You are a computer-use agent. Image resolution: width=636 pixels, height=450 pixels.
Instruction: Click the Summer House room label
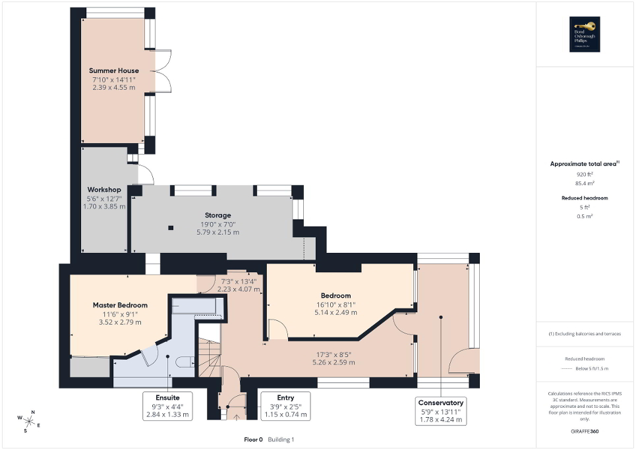click(x=113, y=70)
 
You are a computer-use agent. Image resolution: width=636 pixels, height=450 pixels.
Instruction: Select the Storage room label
click(x=217, y=215)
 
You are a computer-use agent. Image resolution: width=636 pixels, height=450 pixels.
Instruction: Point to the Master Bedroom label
click(x=119, y=305)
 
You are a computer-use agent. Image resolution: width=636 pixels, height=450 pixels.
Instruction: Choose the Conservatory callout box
click(x=440, y=410)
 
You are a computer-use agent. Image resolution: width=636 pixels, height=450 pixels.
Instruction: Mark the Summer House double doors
click(x=162, y=70)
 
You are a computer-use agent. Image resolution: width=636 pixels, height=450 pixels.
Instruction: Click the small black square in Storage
click(x=171, y=228)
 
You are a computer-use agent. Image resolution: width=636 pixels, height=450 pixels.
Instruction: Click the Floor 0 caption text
click(x=253, y=439)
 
